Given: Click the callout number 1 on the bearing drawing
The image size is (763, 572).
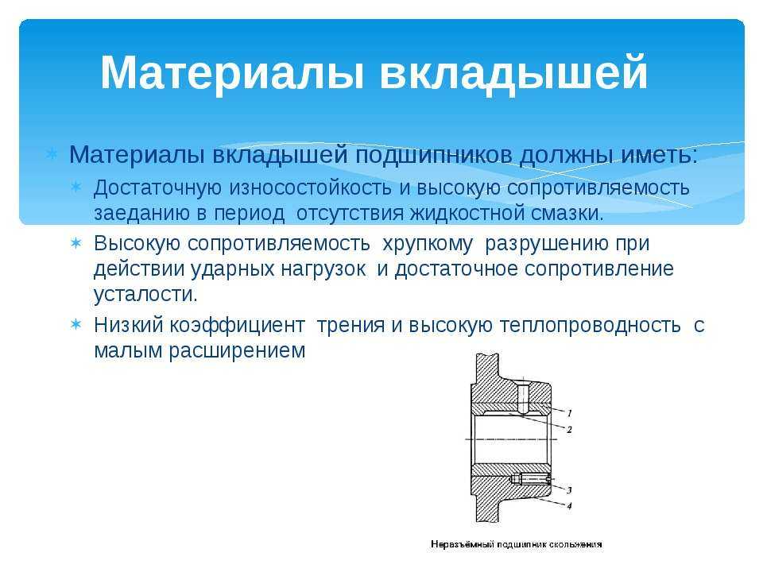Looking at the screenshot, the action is click(569, 413).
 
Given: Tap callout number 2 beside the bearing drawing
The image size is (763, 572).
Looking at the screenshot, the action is click(569, 430).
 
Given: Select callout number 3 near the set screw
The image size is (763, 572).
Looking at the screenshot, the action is click(569, 490).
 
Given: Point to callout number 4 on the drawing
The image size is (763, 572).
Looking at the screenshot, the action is click(569, 506).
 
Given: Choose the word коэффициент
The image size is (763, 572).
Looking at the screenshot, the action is click(237, 326).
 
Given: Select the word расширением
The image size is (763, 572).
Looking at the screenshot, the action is click(237, 351).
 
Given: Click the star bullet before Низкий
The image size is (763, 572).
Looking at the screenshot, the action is click(76, 324).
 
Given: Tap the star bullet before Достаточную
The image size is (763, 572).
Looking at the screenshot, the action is click(76, 186).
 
